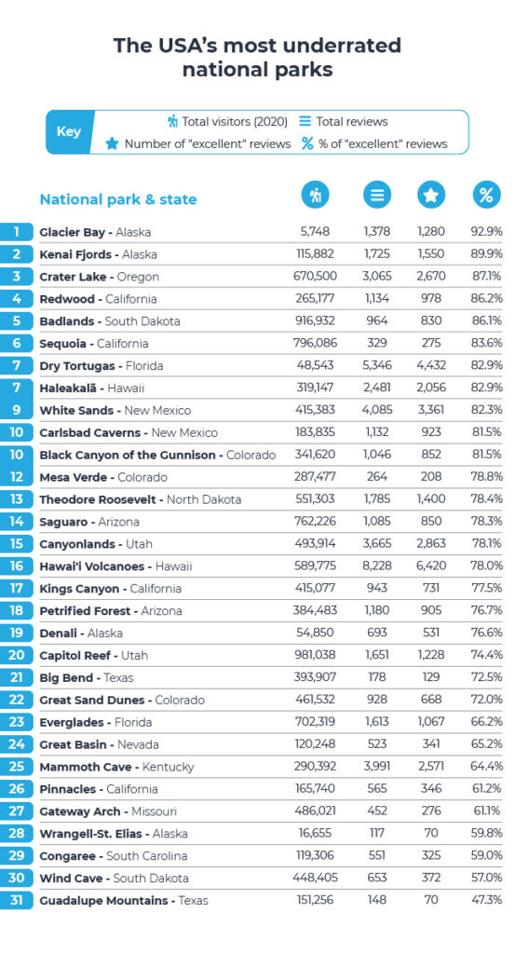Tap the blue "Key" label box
69,132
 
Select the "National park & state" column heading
117,199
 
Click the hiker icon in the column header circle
316,196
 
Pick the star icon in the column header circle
432,196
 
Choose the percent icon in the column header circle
485,196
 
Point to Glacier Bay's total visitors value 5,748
319,232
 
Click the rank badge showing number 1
17,232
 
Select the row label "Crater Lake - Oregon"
99,277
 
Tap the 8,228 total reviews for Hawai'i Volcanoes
377,566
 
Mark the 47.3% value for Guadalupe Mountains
486,901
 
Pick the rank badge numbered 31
17,901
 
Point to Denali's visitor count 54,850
316,634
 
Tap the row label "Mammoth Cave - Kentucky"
116,767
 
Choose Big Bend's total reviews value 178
376,678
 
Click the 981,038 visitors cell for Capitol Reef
314,656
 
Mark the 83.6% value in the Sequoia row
486,344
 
